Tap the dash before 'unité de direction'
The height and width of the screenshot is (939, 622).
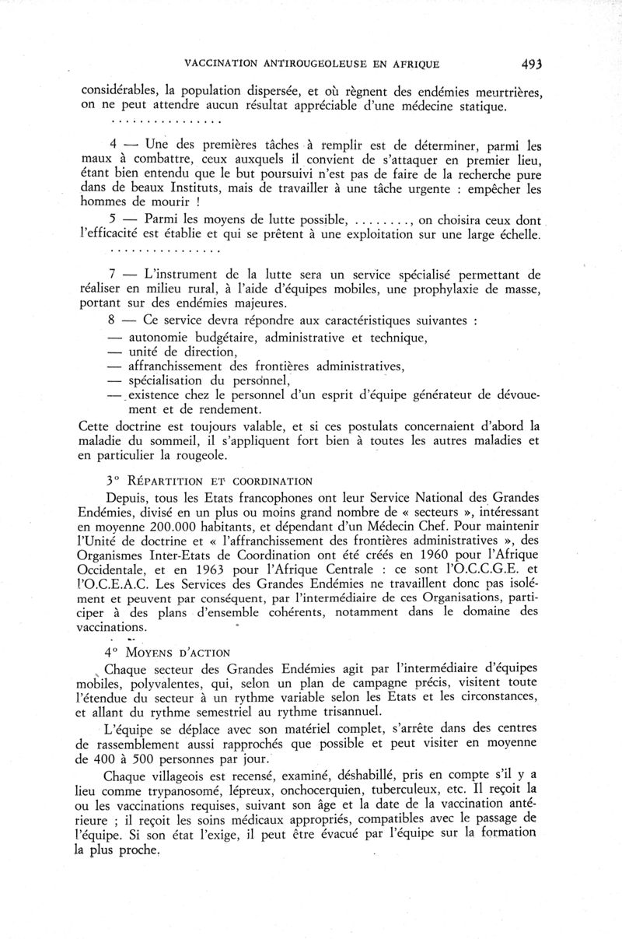tap(115, 352)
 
